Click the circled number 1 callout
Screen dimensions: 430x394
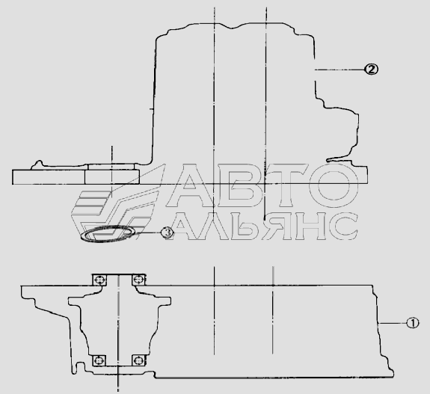tap(412, 323)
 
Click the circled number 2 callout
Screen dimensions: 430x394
tap(371, 70)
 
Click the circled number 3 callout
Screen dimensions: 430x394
tap(167, 233)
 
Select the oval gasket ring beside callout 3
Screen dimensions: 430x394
tap(108, 233)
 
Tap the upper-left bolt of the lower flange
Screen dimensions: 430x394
tap(99, 280)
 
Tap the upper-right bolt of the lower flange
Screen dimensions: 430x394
tap(138, 280)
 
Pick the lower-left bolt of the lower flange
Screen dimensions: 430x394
tap(99, 360)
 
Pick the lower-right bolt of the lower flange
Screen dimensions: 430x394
tap(138, 360)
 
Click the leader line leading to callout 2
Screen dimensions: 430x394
tap(340, 70)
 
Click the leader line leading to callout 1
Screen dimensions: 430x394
tap(392, 323)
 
